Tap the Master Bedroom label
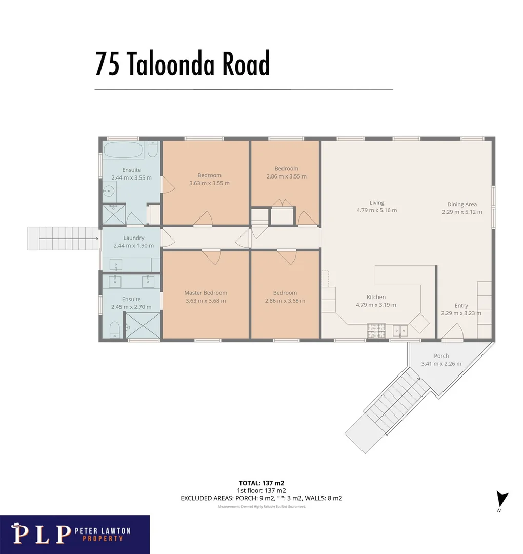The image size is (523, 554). [x=206, y=293]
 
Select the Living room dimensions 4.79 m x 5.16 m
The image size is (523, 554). [x=376, y=210]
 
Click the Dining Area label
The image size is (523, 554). [x=462, y=204]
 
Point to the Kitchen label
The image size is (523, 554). [x=376, y=297]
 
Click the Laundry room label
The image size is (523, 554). [x=133, y=238]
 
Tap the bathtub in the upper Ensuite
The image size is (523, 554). [x=124, y=150]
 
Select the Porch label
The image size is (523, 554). [x=441, y=356]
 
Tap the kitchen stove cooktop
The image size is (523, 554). [x=376, y=331]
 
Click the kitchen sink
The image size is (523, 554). [x=400, y=331]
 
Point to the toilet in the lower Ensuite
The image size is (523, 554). [x=114, y=330]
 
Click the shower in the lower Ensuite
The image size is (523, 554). [x=143, y=325]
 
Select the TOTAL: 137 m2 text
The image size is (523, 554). [x=261, y=483]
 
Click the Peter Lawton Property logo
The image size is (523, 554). [x=74, y=534]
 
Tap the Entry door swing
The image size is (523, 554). [x=452, y=332]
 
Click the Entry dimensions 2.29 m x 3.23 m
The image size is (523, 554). [x=461, y=313]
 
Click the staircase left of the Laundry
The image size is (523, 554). [x=63, y=239]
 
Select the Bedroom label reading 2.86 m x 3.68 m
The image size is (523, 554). [x=285, y=297]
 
